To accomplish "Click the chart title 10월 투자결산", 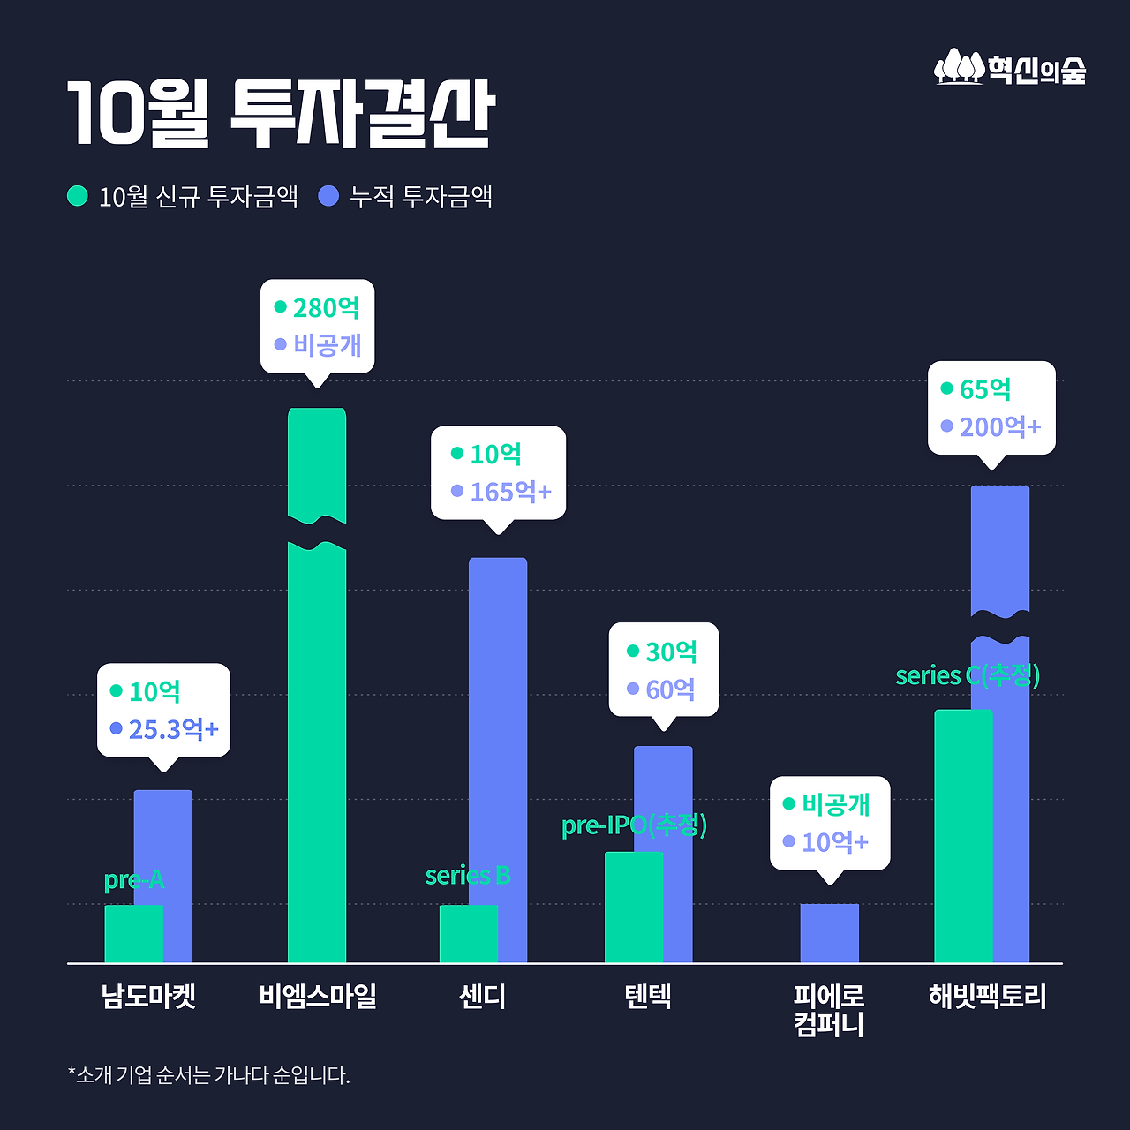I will click(x=281, y=114).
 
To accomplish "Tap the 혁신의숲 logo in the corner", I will click(x=1010, y=68).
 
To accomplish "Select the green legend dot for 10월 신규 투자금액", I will click(x=78, y=196).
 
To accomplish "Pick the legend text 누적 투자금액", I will click(x=420, y=196).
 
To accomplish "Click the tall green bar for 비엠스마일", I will click(x=317, y=750).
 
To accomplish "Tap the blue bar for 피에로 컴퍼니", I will click(x=829, y=933).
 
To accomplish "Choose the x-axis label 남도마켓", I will click(x=148, y=997).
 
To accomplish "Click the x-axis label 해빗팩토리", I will click(x=987, y=997).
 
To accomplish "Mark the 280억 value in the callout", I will click(x=326, y=308).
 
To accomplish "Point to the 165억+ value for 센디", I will click(x=510, y=492).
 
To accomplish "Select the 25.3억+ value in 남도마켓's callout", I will click(x=173, y=729).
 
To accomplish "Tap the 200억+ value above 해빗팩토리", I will click(x=1000, y=427).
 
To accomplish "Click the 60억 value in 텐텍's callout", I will click(x=670, y=689).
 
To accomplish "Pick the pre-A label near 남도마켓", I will click(x=133, y=880).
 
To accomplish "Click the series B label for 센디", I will click(x=468, y=876).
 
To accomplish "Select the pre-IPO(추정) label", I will click(x=634, y=825).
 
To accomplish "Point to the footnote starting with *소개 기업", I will click(x=208, y=1075).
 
